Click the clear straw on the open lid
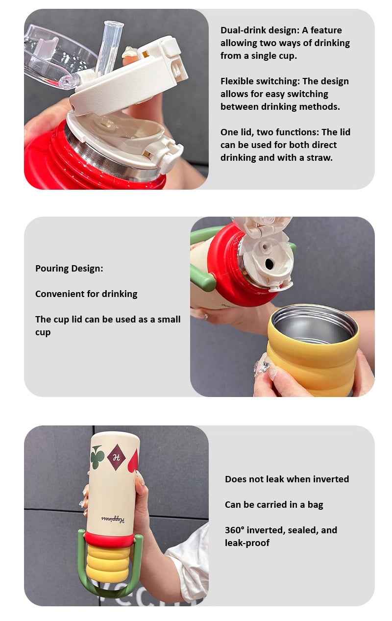pyautogui.click(x=109, y=47)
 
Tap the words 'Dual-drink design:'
pyautogui.click(x=260, y=30)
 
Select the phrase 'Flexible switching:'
pyautogui.click(x=260, y=81)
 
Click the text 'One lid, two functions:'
pyautogui.click(x=269, y=132)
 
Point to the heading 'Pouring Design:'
pyautogui.click(x=69, y=269)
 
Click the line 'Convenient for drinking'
pyautogui.click(x=86, y=294)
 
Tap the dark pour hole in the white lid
pyautogui.click(x=269, y=263)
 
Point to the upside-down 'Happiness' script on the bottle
pyautogui.click(x=113, y=519)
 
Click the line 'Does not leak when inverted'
pyautogui.click(x=287, y=479)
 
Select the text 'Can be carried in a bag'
pyautogui.click(x=274, y=505)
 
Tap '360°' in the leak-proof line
pyautogui.click(x=235, y=530)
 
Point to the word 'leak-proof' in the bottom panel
pyautogui.click(x=247, y=543)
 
